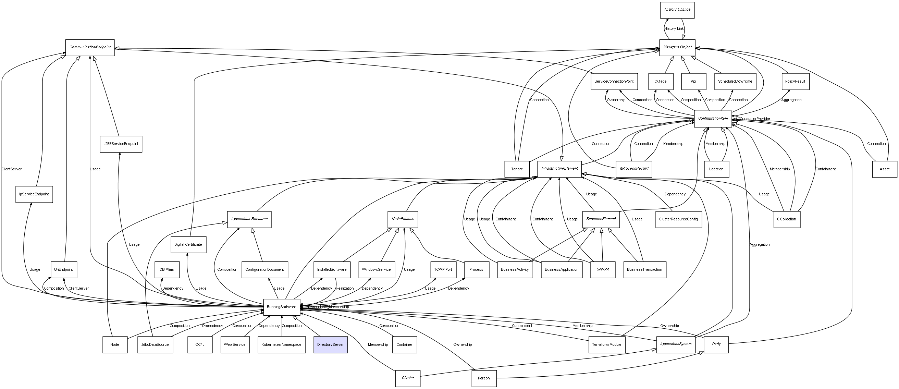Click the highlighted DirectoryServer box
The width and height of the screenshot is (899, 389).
pos(331,345)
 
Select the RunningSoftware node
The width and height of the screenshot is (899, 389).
pos(282,307)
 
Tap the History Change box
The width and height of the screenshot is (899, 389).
pos(677,10)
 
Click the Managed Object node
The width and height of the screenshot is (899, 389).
pos(677,48)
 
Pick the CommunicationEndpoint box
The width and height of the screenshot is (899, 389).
pos(90,48)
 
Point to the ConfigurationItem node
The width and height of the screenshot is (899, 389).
pos(713,119)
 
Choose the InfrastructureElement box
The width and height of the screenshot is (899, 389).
pos(559,169)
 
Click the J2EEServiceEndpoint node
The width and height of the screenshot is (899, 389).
pos(121,144)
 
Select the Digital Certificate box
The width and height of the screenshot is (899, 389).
pos(188,244)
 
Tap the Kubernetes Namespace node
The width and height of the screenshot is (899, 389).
pos(282,345)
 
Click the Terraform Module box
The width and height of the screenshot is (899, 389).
pos(606,345)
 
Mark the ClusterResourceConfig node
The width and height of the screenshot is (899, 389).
pos(678,219)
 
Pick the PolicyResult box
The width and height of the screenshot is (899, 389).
pos(795,81)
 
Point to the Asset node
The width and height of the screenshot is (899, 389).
pos(884,169)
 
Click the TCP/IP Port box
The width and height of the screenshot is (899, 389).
pos(443,270)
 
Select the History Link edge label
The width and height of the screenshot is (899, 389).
pos(674,29)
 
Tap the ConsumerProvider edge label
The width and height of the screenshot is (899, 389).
pos(754,119)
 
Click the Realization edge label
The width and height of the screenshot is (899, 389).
pos(344,289)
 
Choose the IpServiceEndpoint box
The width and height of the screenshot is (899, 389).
pos(34,194)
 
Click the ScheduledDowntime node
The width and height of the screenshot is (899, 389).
pos(735,81)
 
